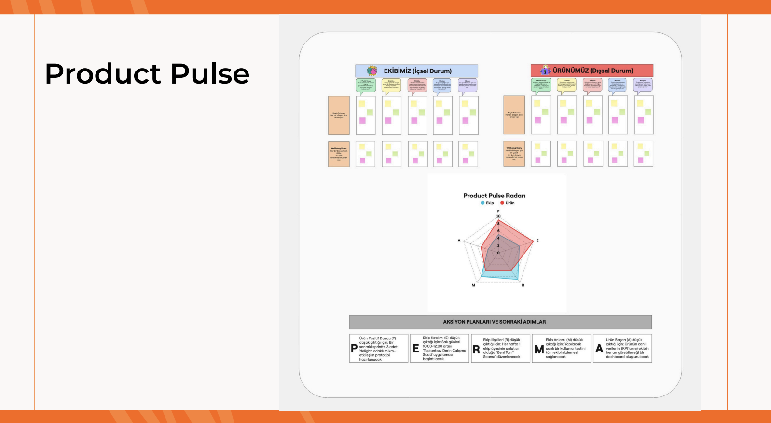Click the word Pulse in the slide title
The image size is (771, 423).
coord(210,74)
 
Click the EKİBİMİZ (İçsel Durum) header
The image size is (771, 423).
coord(417,71)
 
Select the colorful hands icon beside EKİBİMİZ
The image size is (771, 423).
coord(372,71)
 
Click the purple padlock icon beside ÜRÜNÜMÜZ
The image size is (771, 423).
coord(545,70)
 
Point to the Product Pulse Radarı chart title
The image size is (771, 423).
coord(494,196)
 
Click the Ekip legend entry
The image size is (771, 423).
coord(487,203)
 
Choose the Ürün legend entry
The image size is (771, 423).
coord(508,203)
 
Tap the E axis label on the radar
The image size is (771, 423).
coord(537,240)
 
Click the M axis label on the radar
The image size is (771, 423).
coord(473,285)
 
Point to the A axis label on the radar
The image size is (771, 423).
coord(459,240)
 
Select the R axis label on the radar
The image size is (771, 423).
coord(523,285)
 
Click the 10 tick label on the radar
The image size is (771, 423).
coord(498,216)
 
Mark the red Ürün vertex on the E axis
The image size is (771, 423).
coord(534,241)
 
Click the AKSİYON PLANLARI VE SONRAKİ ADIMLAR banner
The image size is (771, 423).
coord(500,322)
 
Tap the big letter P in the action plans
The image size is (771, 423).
coord(354,349)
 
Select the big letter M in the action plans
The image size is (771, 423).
coord(539,349)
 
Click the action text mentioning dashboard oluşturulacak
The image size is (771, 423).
coord(627,349)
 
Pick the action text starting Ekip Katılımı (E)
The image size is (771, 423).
coord(444,349)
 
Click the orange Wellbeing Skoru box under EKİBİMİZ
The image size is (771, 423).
coord(339,154)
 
